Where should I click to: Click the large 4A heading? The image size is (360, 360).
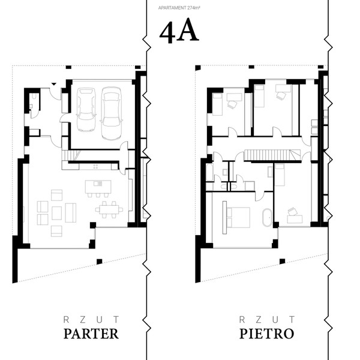coord(179,31)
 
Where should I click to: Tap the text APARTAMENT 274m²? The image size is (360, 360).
coord(179,8)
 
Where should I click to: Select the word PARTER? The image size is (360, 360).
coord(91,334)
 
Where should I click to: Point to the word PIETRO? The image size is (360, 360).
coord(267,334)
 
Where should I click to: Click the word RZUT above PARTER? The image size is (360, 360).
coord(91,319)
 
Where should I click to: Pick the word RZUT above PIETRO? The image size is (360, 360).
coord(267,319)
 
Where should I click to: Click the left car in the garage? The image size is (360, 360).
coord(86,110)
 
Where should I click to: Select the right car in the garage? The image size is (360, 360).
coord(111,113)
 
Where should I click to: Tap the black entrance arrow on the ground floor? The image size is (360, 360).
coord(54,84)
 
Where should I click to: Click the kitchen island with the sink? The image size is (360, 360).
coord(98,187)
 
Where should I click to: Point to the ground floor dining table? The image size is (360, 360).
coord(109,209)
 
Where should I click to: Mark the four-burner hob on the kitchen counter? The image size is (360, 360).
coord(96,166)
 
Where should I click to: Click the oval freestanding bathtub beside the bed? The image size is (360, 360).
coord(267,218)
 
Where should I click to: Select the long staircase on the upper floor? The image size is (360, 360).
coord(272,155)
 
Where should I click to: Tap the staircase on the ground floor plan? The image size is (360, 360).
coord(71,155)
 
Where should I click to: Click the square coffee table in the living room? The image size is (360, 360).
coord(57,213)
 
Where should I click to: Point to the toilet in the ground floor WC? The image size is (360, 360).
coord(34,96)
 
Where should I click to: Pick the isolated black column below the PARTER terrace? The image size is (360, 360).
coord(99,262)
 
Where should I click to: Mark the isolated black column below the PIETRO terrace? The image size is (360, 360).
coord(282,261)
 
